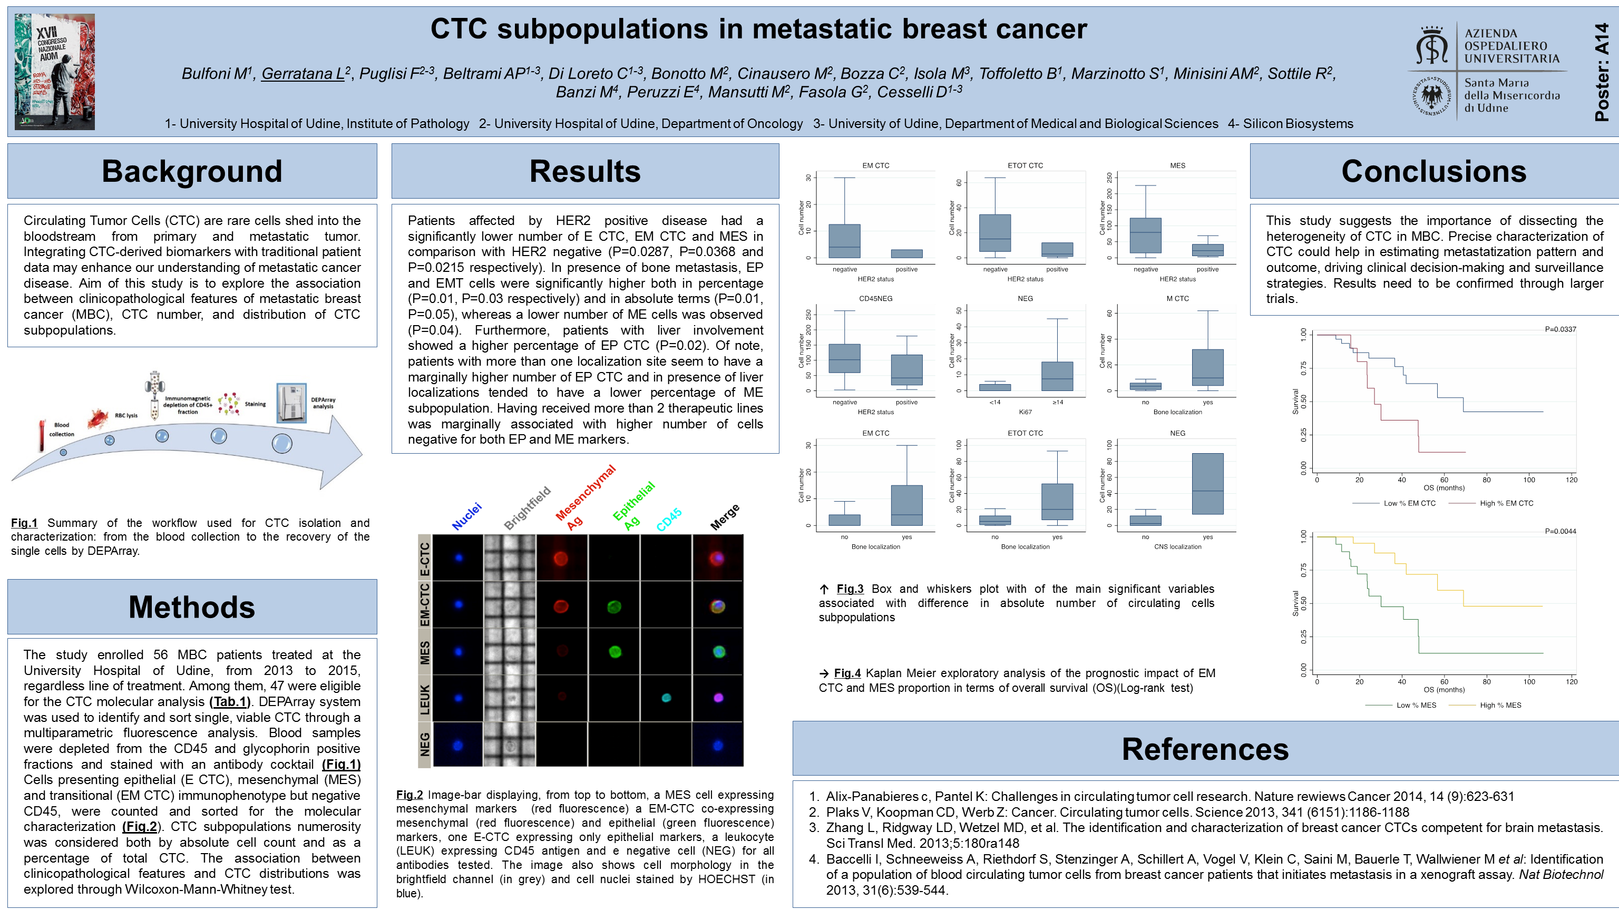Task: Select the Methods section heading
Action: [x=192, y=607]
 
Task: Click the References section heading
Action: [x=1205, y=749]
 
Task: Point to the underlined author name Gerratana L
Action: [x=303, y=74]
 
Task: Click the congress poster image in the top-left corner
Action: [x=55, y=72]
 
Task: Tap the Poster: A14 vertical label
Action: [x=1602, y=72]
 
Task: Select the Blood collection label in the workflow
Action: [x=62, y=429]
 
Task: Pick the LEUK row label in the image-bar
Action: [x=425, y=698]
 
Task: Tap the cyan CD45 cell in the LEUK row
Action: [x=666, y=698]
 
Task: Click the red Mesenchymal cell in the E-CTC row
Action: [x=561, y=558]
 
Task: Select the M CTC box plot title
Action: [x=1177, y=299]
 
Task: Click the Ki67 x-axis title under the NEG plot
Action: [x=1025, y=412]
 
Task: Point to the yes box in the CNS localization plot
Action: [x=1207, y=484]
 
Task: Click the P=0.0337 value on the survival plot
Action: [x=1560, y=329]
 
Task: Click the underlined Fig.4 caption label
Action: [x=847, y=673]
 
